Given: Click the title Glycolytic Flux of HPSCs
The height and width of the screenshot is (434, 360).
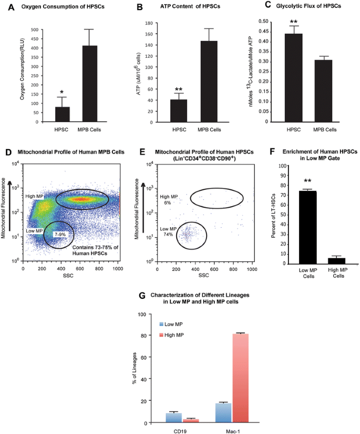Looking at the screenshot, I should pos(308,6).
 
